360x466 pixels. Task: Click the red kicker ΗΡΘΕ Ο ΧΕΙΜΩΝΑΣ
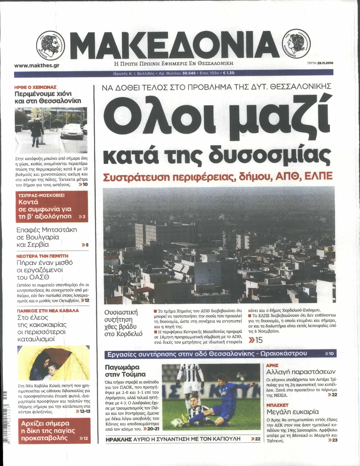point(36,87)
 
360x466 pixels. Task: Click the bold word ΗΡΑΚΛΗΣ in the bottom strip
point(118,439)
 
